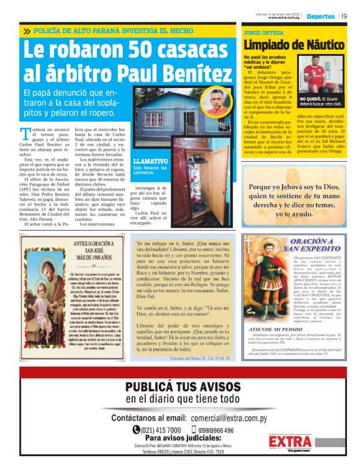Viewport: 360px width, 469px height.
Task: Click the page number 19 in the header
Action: click(x=344, y=16)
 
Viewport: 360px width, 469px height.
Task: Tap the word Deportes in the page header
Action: click(x=320, y=16)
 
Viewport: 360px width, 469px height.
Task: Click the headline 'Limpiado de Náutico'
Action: click(x=293, y=45)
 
